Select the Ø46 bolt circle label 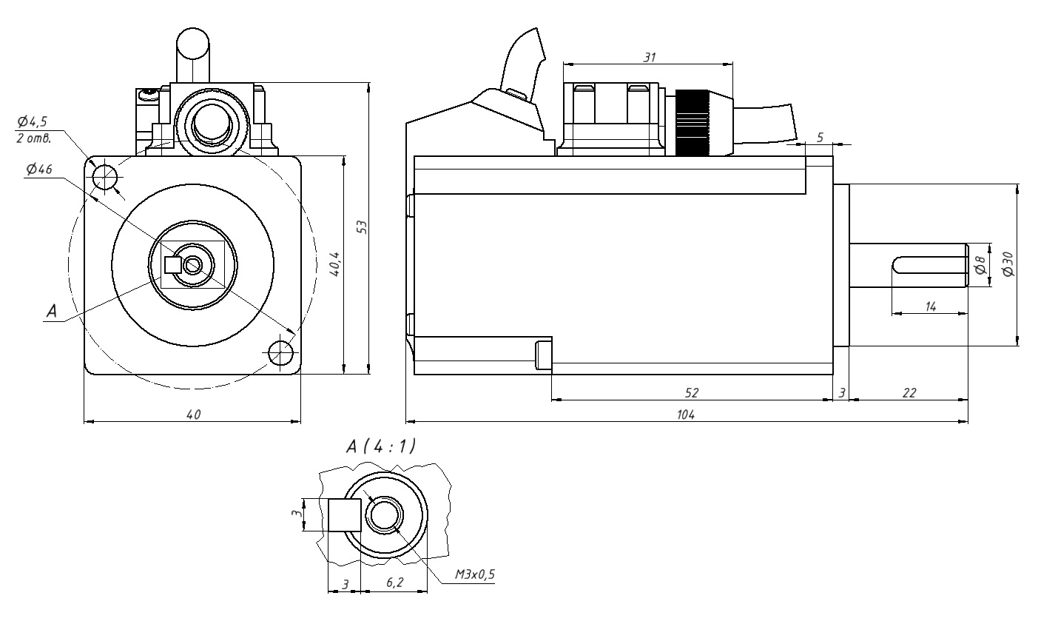38,170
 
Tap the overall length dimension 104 686,415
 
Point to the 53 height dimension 362,227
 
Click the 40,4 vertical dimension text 335,264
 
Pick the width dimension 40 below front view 193,415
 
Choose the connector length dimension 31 649,57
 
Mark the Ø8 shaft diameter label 980,265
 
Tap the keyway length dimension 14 931,306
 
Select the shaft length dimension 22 909,393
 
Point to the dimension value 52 692,393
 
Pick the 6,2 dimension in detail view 394,583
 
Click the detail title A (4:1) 380,446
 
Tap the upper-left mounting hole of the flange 105,178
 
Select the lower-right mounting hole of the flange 280,353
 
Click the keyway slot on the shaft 928,265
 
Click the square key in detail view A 344,515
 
